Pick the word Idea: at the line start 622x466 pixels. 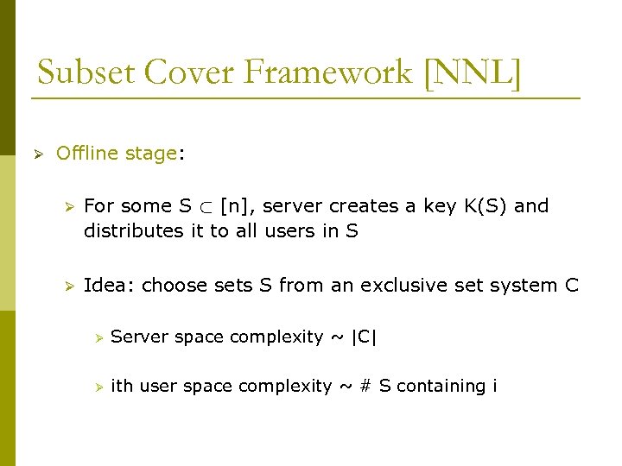tap(109, 286)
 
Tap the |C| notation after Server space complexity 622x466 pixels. tap(363, 337)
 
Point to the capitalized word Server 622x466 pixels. tap(140, 337)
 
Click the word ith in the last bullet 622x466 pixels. tap(123, 387)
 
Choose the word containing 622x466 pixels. tap(442, 387)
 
